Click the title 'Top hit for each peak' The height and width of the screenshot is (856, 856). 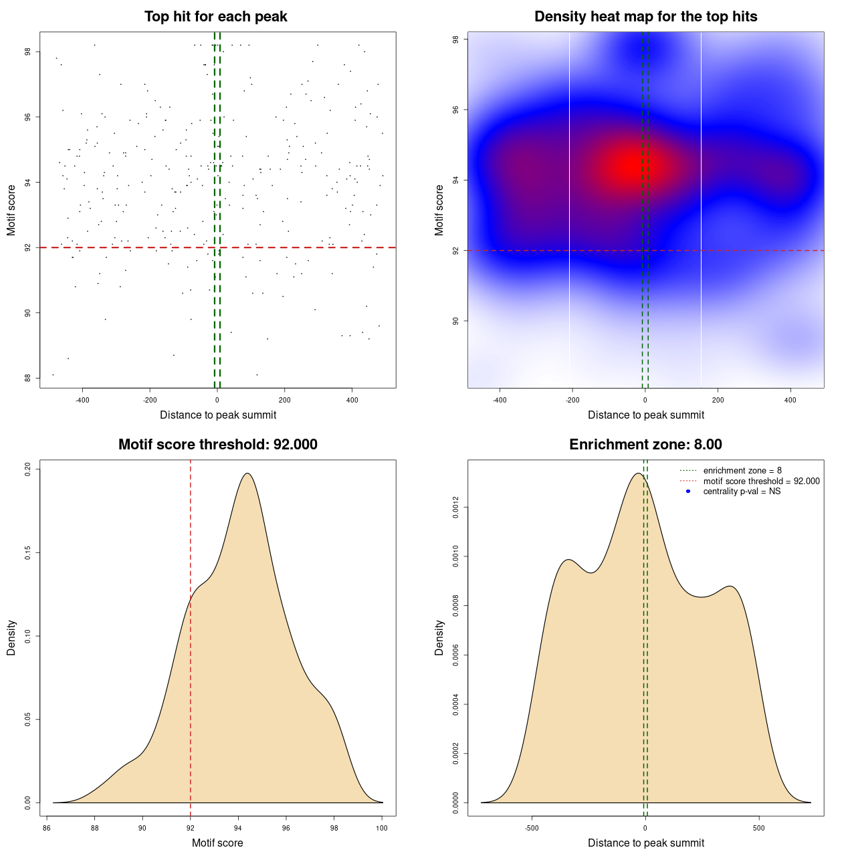coord(216,17)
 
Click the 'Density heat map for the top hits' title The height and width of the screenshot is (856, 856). coord(645,17)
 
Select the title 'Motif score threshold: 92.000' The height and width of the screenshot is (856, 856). coord(217,445)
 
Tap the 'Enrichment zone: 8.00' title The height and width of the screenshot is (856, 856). coord(645,445)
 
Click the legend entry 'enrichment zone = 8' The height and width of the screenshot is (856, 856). coord(742,471)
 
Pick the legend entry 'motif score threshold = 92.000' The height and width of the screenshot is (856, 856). coord(761,481)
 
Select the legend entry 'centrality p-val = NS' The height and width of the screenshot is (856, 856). coord(742,492)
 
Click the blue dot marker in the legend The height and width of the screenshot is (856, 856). coord(688,492)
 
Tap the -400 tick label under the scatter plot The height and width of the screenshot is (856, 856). coord(82,401)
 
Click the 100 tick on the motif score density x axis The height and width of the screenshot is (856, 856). coord(381,828)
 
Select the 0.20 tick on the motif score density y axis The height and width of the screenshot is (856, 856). coord(28,469)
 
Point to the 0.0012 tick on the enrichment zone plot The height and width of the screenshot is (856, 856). coord(456,508)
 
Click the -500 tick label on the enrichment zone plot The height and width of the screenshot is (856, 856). coord(532,828)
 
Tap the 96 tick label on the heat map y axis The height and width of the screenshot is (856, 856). coord(456,110)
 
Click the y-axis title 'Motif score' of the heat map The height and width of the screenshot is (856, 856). coord(439,210)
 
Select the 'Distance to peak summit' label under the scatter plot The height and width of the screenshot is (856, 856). coord(218,415)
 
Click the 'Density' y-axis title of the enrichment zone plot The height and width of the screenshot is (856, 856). coord(439,637)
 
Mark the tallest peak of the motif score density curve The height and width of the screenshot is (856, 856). coord(247,473)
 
